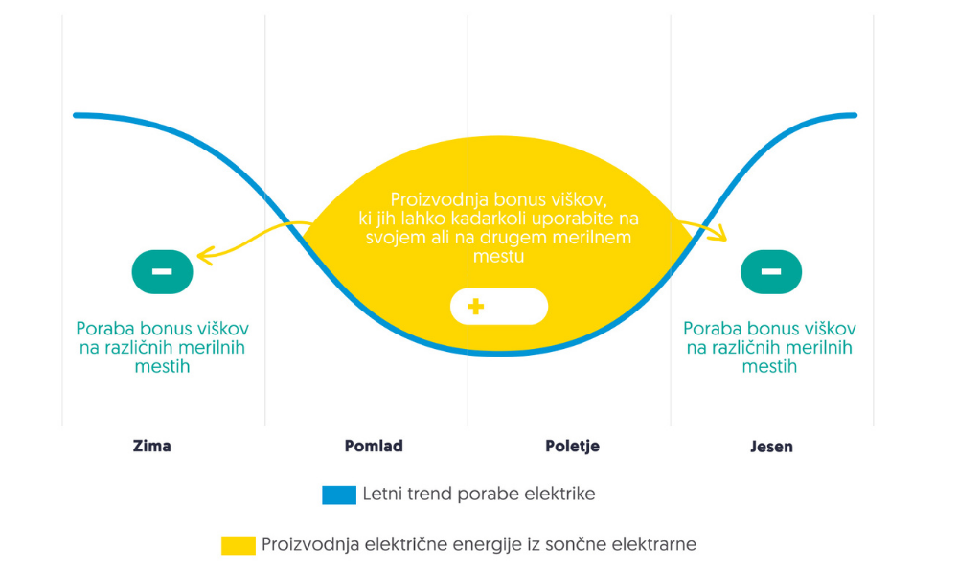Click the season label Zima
(x=152, y=446)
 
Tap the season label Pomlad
(x=374, y=446)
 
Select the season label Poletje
(x=572, y=446)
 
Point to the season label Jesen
(x=771, y=446)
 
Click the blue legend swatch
(x=339, y=495)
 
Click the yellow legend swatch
(x=238, y=545)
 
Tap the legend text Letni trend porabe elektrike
(x=479, y=494)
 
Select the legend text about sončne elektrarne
(x=479, y=544)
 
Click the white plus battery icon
(x=498, y=307)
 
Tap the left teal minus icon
(x=162, y=271)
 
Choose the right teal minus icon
(x=771, y=271)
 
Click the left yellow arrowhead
(x=202, y=254)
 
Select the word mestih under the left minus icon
(x=163, y=366)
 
